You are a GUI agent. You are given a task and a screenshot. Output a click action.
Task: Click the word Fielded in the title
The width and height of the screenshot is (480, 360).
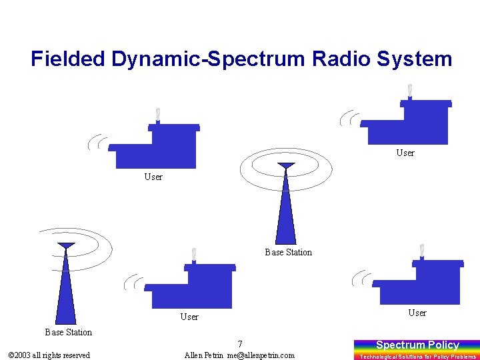coord(69,59)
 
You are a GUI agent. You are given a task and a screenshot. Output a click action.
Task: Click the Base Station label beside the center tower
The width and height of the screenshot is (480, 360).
coord(288,252)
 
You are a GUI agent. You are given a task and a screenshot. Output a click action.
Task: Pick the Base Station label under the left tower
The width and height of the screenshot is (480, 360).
coord(68,332)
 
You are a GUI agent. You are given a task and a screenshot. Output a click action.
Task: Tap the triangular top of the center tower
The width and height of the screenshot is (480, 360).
coord(286,165)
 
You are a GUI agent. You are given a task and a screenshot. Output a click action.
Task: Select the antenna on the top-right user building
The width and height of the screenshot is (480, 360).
coord(409,91)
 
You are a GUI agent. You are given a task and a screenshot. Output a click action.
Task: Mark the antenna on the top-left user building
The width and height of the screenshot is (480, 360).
coord(158,115)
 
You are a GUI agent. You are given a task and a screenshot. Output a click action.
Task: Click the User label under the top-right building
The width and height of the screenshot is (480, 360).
coord(405,153)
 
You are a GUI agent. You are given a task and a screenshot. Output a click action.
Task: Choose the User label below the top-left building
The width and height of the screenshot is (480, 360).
coord(153,177)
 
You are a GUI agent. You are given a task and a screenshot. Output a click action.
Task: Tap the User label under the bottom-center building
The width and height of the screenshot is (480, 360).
coord(189,317)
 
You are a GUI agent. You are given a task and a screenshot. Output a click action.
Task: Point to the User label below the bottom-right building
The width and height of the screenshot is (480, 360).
coord(417,313)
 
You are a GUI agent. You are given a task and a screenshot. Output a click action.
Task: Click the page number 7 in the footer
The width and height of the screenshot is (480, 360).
coord(239,344)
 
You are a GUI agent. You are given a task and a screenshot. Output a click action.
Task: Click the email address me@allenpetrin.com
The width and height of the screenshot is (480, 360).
coord(261,355)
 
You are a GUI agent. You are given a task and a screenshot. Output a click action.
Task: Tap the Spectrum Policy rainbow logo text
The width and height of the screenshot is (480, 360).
coord(417,345)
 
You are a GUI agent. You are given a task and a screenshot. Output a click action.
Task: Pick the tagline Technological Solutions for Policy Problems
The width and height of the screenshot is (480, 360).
coord(417,357)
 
